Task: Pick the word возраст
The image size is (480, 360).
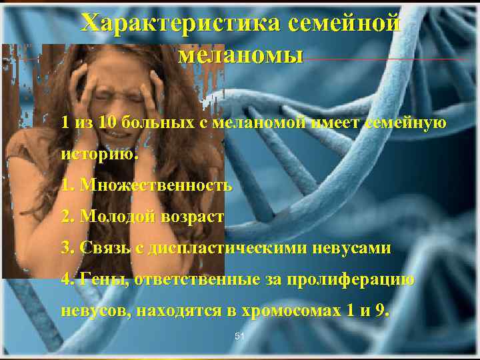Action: [x=193, y=217]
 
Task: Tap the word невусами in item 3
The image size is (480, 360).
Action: [x=360, y=248]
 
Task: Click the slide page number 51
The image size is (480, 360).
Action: [x=240, y=337]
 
